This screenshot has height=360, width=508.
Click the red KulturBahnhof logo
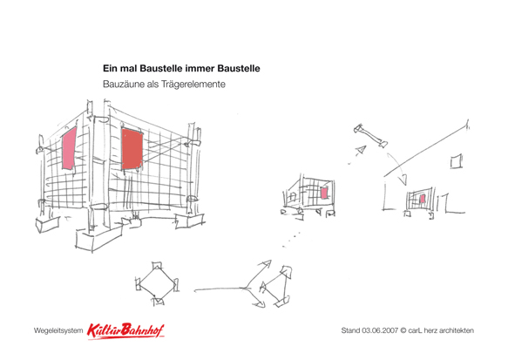pyautogui.click(x=125, y=331)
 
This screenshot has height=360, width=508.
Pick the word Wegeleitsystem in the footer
pyautogui.click(x=58, y=331)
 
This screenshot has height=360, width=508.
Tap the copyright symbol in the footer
pyautogui.click(x=403, y=330)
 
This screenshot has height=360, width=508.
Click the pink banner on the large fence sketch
pyautogui.click(x=69, y=148)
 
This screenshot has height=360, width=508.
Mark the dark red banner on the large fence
pyautogui.click(x=132, y=149)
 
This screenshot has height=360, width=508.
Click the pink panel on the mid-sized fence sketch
pyautogui.click(x=324, y=194)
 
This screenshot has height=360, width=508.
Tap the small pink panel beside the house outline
pyautogui.click(x=422, y=199)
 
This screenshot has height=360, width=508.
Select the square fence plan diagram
pyautogui.click(x=158, y=283)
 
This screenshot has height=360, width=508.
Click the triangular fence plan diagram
pyautogui.click(x=276, y=287)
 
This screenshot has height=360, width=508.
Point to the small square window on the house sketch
pyautogui.click(x=457, y=161)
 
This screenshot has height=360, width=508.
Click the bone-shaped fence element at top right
pyautogui.click(x=370, y=136)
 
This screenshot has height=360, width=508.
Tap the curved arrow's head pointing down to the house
pyautogui.click(x=403, y=180)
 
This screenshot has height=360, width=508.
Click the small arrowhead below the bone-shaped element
pyautogui.click(x=361, y=150)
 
